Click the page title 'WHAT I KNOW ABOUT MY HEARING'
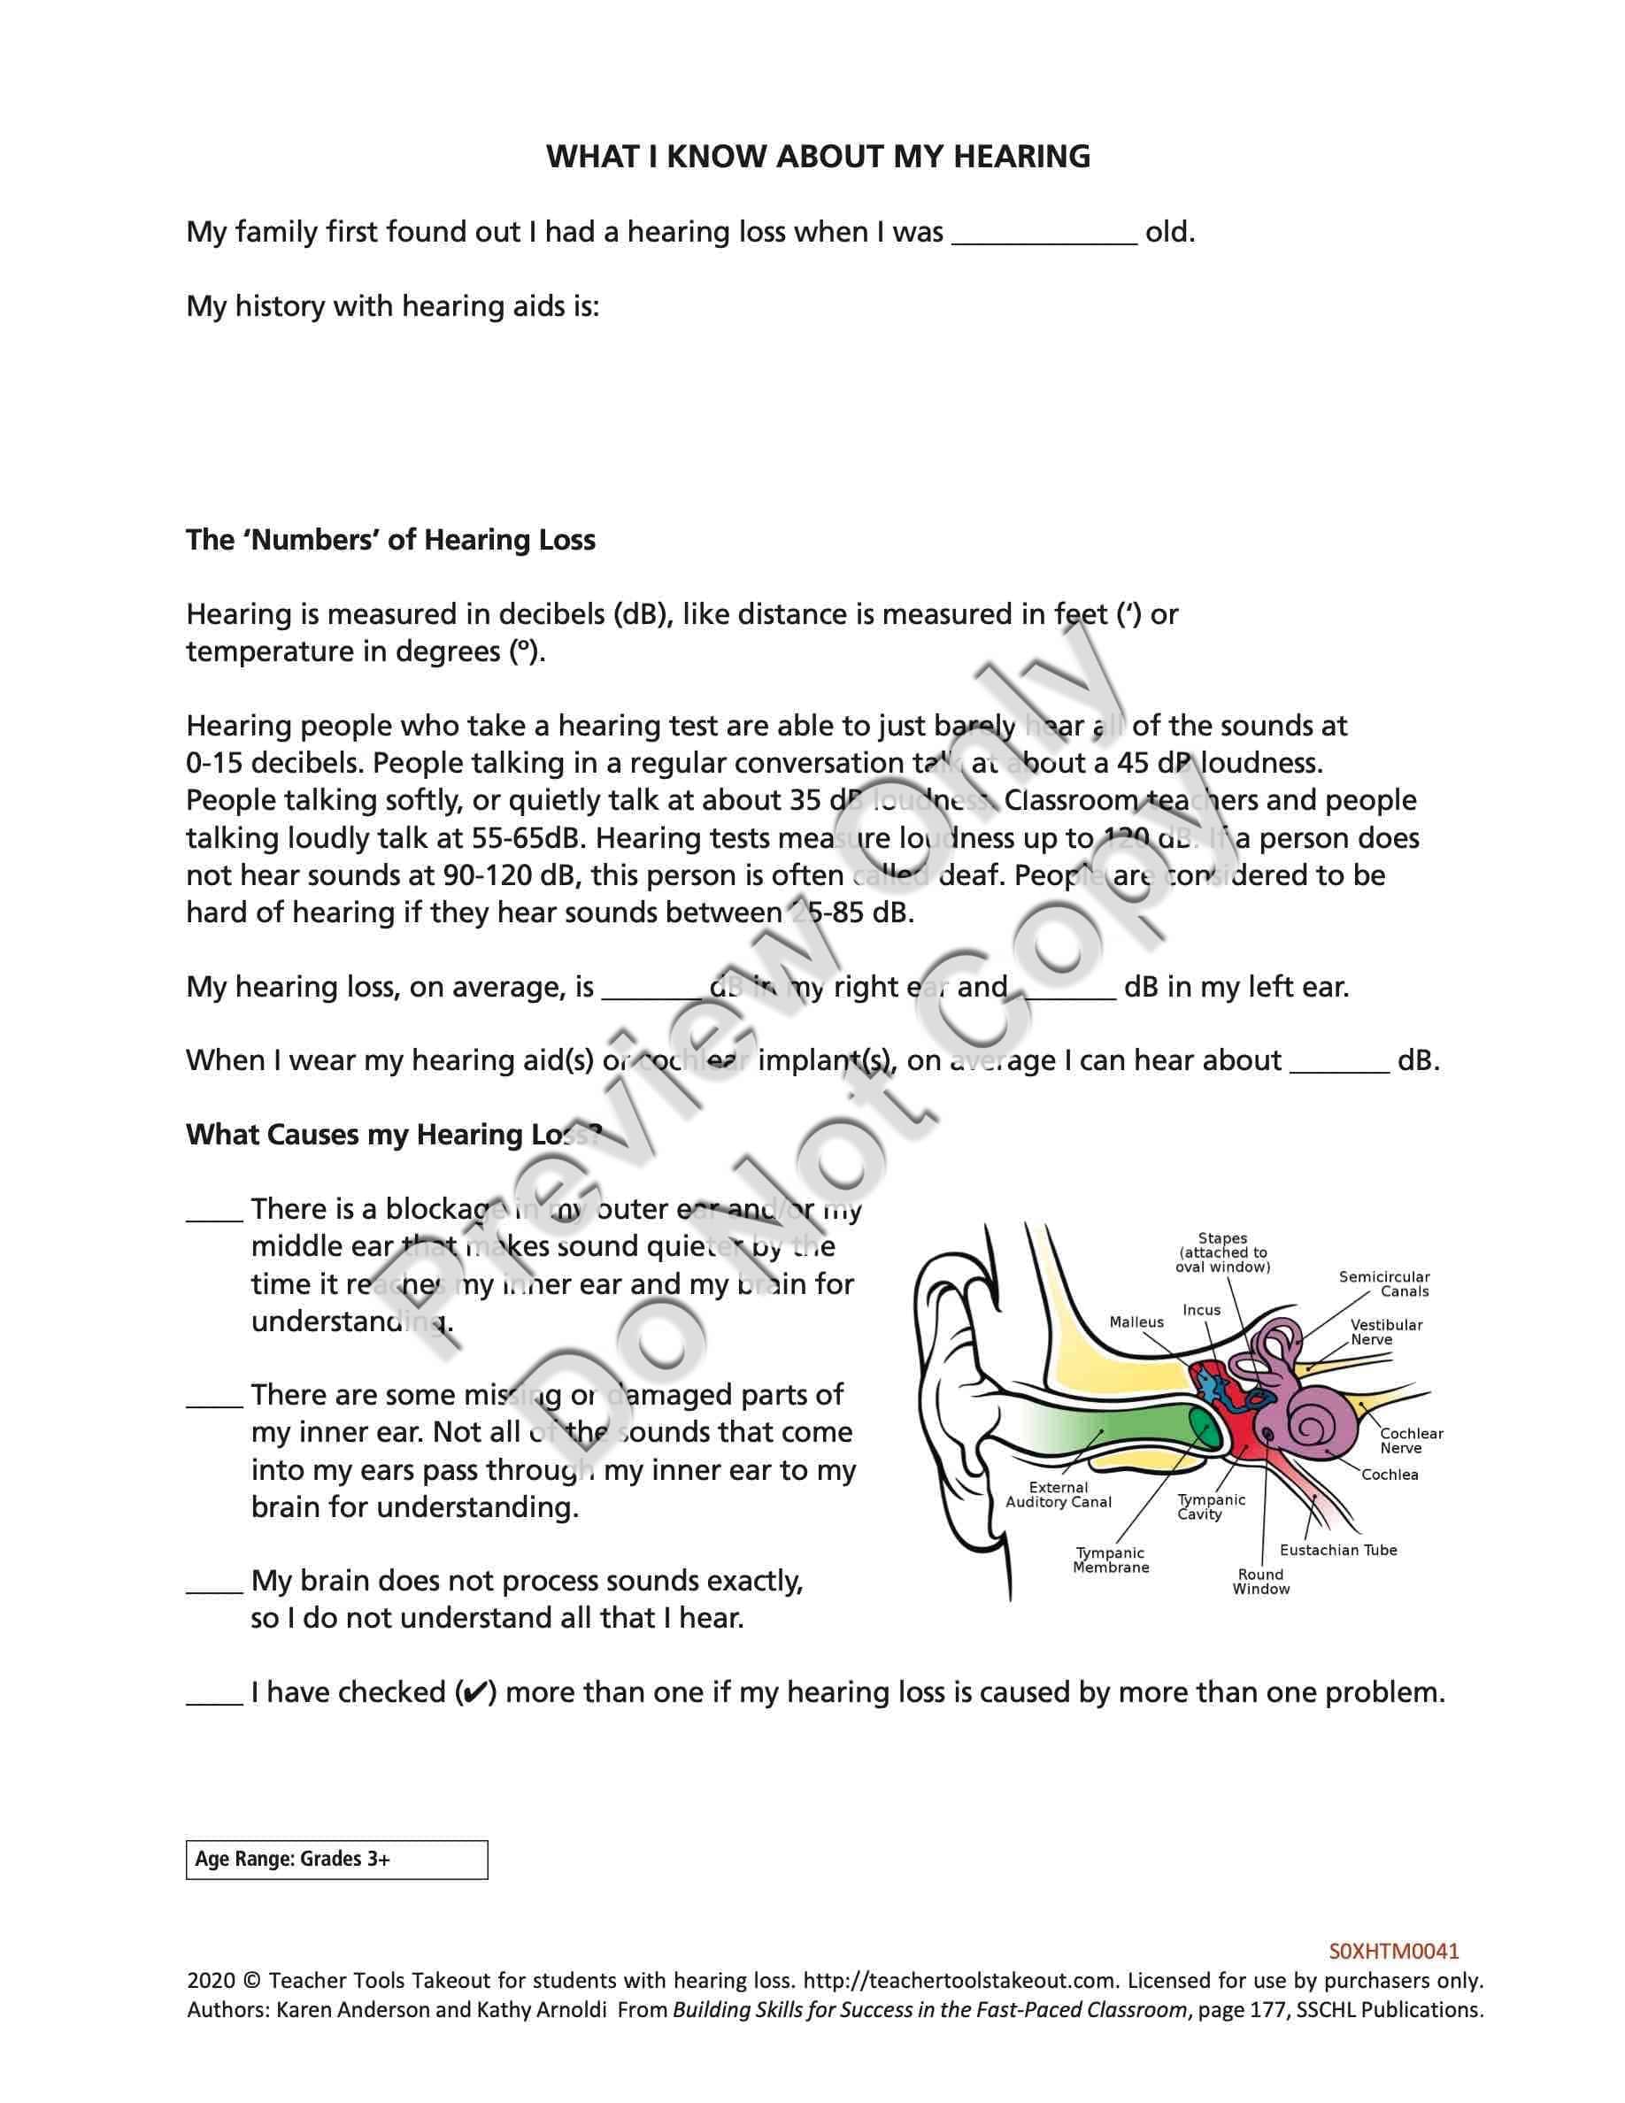(819, 156)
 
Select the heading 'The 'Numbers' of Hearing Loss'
(391, 540)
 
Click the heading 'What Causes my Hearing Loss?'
(394, 1135)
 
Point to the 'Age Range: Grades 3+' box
(336, 1860)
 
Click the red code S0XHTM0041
(1394, 1951)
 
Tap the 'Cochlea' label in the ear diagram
(1390, 1475)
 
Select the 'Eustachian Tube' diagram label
(1338, 1549)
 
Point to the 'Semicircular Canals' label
(1384, 1283)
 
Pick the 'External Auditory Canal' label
(1058, 1494)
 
